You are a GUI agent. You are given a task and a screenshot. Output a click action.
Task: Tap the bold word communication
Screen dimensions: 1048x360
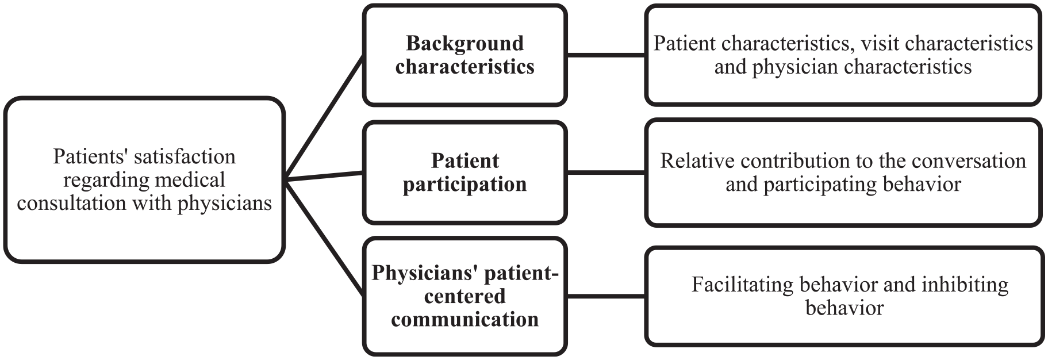coord(465,319)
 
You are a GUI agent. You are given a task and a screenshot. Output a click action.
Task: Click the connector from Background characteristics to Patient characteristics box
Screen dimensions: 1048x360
coord(606,55)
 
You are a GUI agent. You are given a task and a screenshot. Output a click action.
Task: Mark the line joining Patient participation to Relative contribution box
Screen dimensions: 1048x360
coord(606,172)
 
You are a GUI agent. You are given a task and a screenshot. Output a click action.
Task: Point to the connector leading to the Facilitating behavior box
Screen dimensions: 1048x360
coord(606,296)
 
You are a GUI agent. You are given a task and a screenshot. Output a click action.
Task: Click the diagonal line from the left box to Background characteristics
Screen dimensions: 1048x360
coord(324,118)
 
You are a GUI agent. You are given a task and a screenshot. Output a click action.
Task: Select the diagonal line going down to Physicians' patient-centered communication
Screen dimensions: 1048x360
coord(324,238)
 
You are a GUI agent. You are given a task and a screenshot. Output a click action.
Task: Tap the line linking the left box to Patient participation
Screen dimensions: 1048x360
coord(324,176)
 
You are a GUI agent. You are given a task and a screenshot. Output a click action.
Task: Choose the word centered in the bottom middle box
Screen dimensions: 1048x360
coord(465,297)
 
